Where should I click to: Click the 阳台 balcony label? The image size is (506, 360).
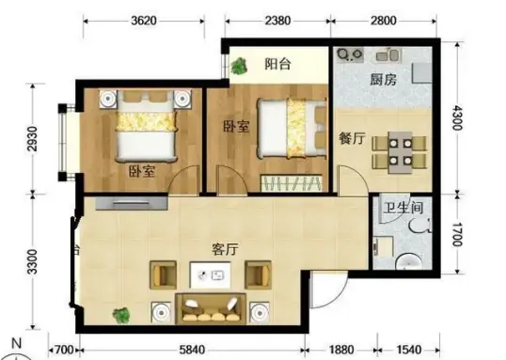tap(277, 64)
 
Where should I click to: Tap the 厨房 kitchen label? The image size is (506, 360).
tap(383, 79)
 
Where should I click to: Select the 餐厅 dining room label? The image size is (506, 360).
tap(352, 138)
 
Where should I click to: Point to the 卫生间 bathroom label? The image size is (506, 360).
tap(403, 208)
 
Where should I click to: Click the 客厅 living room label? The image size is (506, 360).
tap(225, 249)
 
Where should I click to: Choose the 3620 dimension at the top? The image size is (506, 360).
tap(144, 21)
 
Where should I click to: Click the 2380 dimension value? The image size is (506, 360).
tap(277, 21)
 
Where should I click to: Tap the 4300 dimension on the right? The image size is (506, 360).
tap(456, 117)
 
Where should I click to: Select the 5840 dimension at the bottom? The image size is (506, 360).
tap(192, 350)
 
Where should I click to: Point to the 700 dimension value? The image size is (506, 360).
tap(64, 350)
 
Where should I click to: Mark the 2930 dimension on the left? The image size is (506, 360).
tap(32, 139)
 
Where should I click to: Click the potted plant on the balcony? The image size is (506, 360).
tap(239, 66)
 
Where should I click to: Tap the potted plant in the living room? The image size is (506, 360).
tap(121, 315)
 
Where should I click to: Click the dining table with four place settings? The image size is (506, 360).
tap(400, 152)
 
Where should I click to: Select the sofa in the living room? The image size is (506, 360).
tap(211, 308)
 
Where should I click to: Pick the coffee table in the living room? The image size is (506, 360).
tap(210, 275)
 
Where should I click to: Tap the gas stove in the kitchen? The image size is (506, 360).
tap(350, 55)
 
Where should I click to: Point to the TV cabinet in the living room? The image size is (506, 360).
tap(132, 203)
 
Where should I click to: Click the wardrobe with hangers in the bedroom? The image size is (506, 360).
tap(291, 183)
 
